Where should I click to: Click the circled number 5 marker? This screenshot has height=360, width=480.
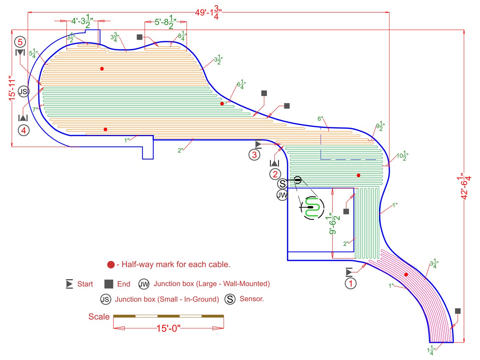[20, 42]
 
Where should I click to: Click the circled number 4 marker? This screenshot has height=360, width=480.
[24, 130]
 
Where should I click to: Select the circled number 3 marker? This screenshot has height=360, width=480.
[254, 155]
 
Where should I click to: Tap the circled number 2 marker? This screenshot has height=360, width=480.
[275, 174]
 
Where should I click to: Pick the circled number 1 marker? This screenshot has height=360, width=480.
[350, 284]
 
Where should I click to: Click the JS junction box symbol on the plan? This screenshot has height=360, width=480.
[23, 92]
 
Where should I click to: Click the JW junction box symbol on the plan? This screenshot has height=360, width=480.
[282, 195]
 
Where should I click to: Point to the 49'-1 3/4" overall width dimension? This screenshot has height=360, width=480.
[208, 12]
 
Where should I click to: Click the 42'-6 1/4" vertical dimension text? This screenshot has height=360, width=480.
[465, 186]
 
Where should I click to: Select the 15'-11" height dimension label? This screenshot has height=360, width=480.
[12, 88]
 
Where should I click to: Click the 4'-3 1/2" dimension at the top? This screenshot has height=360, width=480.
[82, 21]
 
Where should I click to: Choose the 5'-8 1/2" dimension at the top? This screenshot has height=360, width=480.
[166, 22]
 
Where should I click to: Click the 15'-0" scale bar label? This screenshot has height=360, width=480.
[168, 328]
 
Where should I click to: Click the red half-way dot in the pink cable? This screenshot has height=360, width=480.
[406, 275]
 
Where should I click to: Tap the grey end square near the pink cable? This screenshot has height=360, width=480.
[458, 311]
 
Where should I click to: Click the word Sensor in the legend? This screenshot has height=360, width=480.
[252, 299]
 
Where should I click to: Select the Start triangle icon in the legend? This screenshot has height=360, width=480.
[70, 284]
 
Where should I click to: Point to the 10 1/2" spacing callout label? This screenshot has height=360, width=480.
[402, 156]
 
